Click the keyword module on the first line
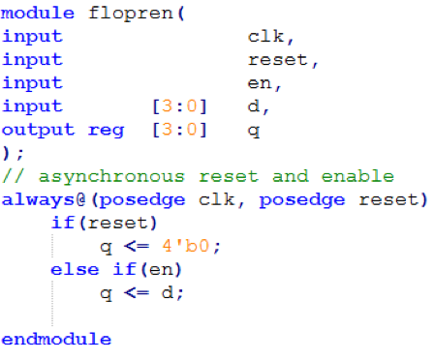point(38,14)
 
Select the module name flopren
point(131,14)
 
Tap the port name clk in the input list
point(265,36)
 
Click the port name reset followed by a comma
point(277,60)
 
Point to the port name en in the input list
point(260,83)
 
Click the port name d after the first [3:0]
point(254,106)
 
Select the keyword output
point(38,130)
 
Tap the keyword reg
point(106,131)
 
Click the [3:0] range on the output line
point(179,130)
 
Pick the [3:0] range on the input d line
point(179,106)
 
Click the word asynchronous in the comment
point(111,177)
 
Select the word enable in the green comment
point(357,176)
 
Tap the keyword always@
point(44,200)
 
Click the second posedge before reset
point(302,200)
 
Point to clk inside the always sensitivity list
point(216,199)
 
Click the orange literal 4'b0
point(186,246)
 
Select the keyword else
point(75,269)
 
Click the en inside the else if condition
point(160,270)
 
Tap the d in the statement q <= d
point(168,292)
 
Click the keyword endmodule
point(56,340)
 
